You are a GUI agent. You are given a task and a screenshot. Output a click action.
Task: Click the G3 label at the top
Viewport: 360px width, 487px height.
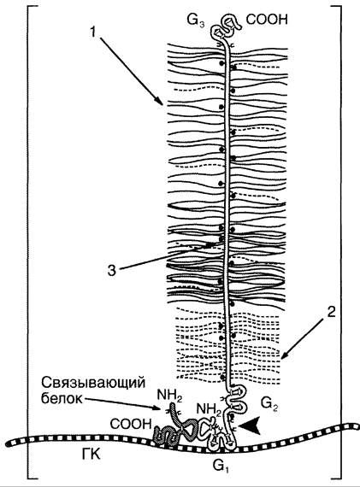pyautogui.click(x=196, y=21)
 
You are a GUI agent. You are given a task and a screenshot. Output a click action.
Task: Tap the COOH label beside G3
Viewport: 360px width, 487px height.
pyautogui.click(x=267, y=20)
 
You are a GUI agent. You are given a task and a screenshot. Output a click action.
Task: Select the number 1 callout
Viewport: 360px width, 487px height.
pyautogui.click(x=92, y=32)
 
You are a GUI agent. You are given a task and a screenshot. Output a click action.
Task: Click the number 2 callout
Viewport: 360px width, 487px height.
pyautogui.click(x=332, y=312)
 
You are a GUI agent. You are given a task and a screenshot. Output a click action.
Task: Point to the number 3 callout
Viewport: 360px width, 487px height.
pyautogui.click(x=112, y=270)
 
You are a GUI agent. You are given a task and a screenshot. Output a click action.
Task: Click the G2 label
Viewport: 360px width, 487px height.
pyautogui.click(x=269, y=404)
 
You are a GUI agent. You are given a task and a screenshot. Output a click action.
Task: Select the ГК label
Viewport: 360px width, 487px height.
pyautogui.click(x=91, y=455)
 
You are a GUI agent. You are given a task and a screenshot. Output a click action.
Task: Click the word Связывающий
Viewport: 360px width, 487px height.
pyautogui.click(x=93, y=384)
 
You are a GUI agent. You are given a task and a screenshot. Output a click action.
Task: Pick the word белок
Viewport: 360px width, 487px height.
pyautogui.click(x=62, y=398)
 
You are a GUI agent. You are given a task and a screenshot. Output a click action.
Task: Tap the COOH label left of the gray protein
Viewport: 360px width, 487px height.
pyautogui.click(x=131, y=424)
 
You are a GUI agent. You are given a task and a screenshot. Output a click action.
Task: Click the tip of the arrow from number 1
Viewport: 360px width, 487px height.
pyautogui.click(x=163, y=106)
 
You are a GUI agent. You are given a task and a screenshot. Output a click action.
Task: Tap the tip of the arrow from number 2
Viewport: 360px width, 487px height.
pyautogui.click(x=281, y=359)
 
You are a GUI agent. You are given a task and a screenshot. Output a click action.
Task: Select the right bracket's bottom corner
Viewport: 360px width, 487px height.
pyautogui.click(x=341, y=478)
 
